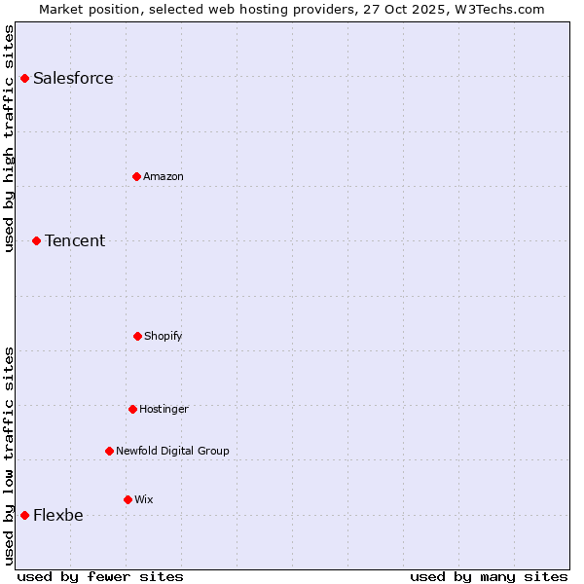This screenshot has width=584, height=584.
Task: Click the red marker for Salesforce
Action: click(24, 78)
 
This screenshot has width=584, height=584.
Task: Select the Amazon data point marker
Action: click(136, 176)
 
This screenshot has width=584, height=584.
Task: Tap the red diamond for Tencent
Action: click(36, 240)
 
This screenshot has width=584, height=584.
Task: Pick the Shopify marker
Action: click(137, 336)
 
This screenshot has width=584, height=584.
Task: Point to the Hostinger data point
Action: click(132, 409)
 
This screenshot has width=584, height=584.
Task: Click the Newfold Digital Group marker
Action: click(109, 451)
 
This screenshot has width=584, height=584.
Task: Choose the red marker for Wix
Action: click(128, 499)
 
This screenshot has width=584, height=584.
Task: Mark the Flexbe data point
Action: click(24, 515)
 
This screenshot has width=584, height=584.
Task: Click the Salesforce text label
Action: click(73, 78)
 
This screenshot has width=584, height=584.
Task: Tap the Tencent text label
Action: click(75, 240)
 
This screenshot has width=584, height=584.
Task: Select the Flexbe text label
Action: click(58, 515)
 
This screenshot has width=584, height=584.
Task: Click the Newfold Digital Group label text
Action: click(172, 451)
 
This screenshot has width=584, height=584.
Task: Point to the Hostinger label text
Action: click(164, 409)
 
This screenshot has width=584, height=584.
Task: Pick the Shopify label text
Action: click(163, 336)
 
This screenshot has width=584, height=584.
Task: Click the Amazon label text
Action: click(164, 176)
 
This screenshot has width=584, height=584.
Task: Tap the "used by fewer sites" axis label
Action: click(100, 576)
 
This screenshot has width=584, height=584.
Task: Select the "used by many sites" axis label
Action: click(489, 576)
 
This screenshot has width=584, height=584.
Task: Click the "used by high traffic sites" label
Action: click(9, 138)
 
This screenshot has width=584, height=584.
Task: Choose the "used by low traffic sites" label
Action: click(9, 456)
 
